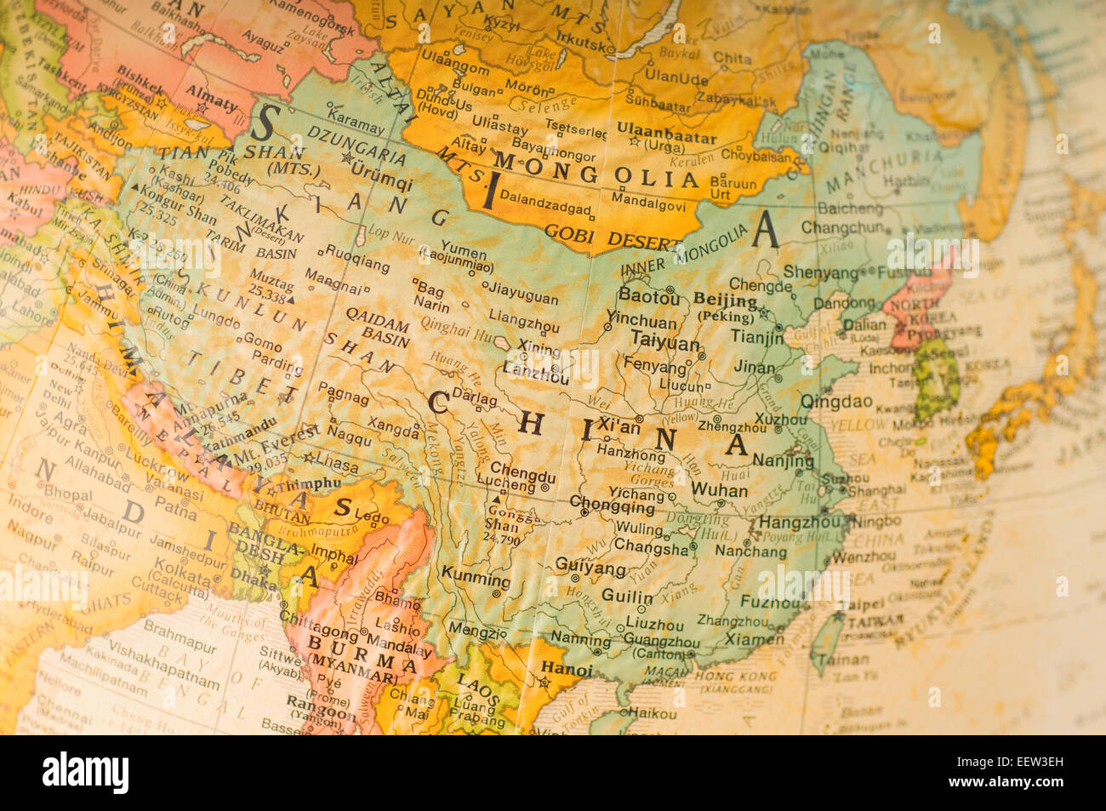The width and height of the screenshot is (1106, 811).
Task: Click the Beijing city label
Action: click(x=725, y=300)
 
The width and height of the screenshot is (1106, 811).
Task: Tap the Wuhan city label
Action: click(x=719, y=490)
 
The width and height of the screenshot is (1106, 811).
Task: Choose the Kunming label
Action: click(x=476, y=580)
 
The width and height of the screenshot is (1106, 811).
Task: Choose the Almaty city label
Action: click(x=212, y=104)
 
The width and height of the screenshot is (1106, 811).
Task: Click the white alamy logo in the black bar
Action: click(x=85, y=773)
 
